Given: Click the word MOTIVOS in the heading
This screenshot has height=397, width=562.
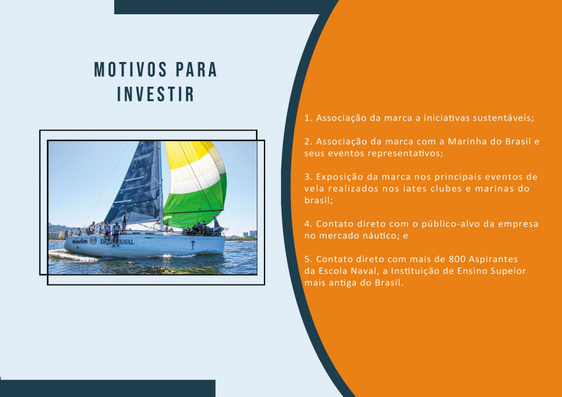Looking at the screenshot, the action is point(131,70).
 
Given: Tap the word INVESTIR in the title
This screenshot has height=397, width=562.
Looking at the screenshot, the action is point(155,94).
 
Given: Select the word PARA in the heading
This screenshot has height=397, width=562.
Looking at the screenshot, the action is point(196,70).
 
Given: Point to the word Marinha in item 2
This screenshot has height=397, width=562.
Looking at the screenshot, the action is point(468,141).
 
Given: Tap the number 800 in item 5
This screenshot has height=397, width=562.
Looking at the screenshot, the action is point(457,259).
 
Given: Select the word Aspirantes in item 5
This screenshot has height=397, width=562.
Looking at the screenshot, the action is point(493,259).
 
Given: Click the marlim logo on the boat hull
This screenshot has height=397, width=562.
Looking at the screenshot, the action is point(80,242).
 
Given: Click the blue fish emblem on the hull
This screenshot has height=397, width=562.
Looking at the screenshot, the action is point(193,245).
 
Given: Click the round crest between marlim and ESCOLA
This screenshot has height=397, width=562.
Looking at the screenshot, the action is point(93,241).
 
